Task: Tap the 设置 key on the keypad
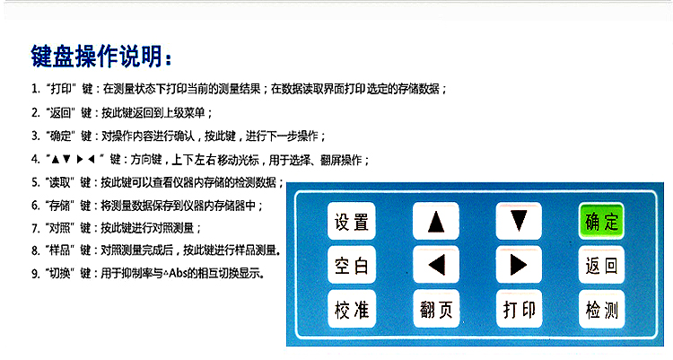click(352, 221)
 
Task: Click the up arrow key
click(435, 221)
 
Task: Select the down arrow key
click(519, 221)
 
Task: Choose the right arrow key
click(519, 265)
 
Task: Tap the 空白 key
click(352, 265)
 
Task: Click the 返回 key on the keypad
click(601, 265)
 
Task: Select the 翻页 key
click(435, 309)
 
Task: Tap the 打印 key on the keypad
click(519, 309)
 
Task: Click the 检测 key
click(601, 309)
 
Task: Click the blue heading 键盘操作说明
click(101, 57)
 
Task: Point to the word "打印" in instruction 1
click(61, 89)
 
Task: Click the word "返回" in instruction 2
click(60, 113)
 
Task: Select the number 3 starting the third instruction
click(34, 136)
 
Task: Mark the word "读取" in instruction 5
click(59, 182)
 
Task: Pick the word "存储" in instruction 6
click(59, 206)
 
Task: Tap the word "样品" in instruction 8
click(59, 250)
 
